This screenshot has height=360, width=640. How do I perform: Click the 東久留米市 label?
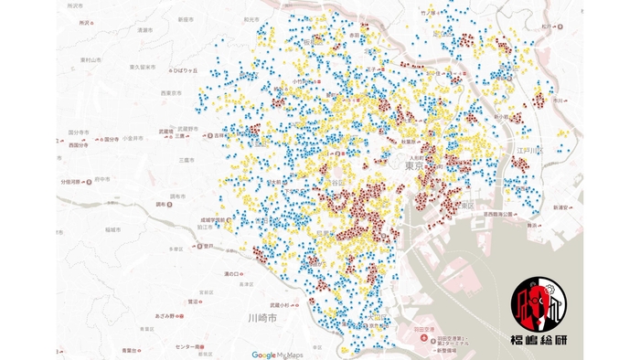click(x=144, y=67)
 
